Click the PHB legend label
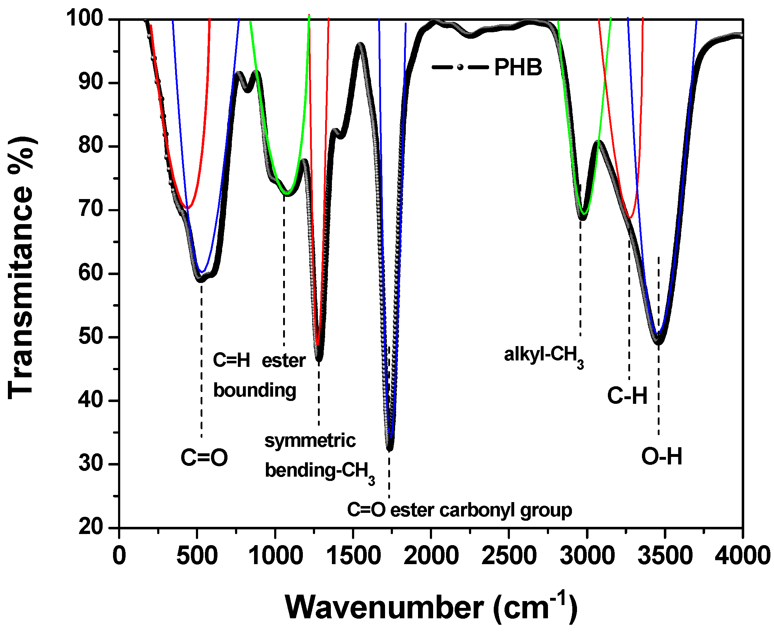coord(517,67)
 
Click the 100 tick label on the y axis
coord(85,18)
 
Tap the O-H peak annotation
coord(661,457)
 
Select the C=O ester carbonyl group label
coord(459,510)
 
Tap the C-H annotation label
coord(627,396)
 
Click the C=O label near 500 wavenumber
coord(204,458)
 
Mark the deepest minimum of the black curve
coord(389,449)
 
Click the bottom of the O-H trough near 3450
coord(658,342)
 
